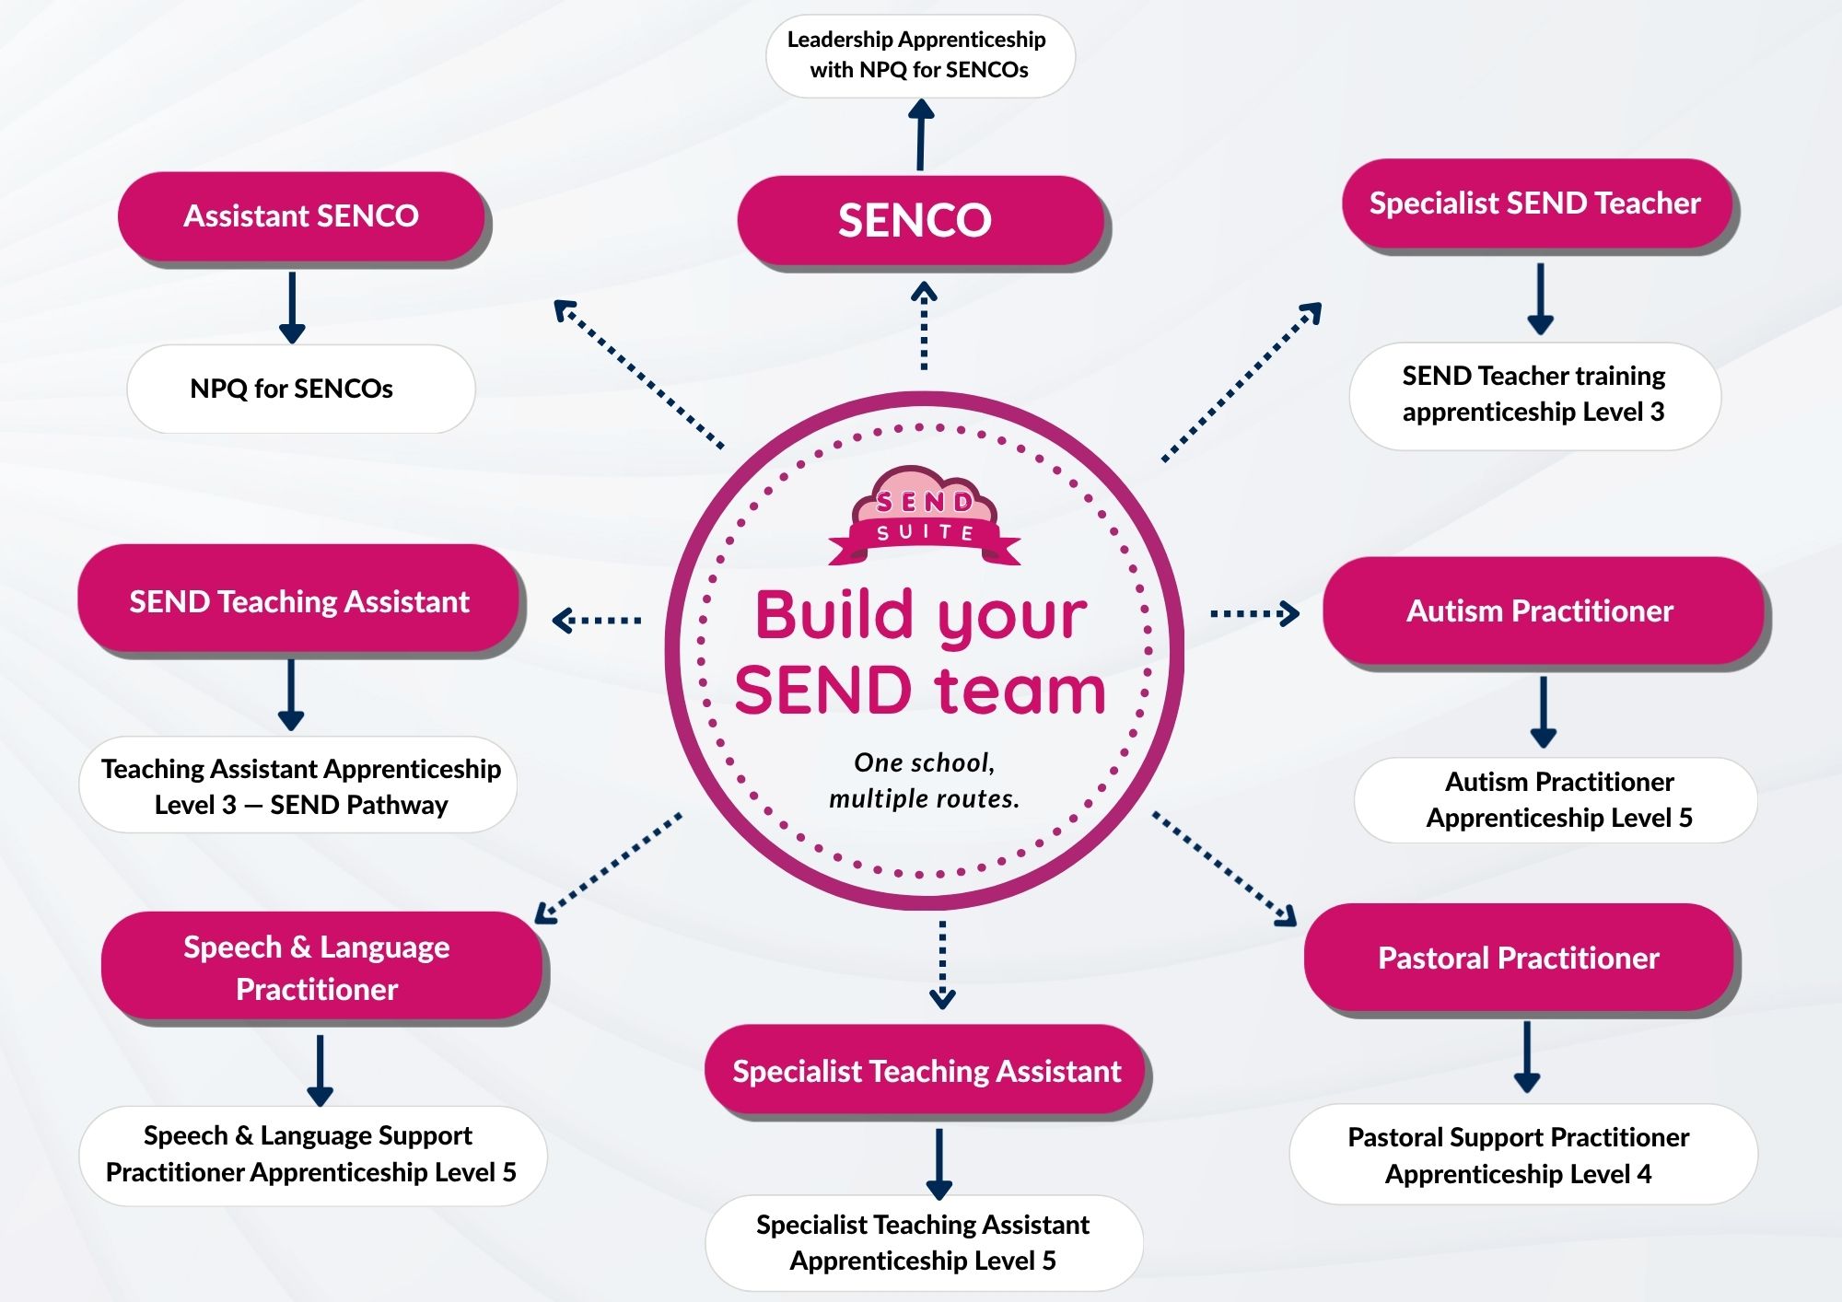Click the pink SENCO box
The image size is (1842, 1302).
click(x=921, y=221)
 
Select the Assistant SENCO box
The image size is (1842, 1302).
click(x=301, y=216)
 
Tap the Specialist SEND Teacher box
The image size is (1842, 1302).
click(x=1536, y=203)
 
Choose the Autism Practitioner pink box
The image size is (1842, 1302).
click(x=1543, y=610)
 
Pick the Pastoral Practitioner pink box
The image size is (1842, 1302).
click(x=1520, y=958)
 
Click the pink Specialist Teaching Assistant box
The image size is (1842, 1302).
click(x=926, y=1071)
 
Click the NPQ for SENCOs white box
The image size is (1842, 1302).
click(x=300, y=389)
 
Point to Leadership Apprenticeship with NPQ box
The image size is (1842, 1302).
click(x=920, y=55)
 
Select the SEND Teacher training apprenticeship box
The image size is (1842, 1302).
click(x=1534, y=396)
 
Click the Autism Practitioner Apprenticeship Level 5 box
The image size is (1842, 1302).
click(x=1556, y=799)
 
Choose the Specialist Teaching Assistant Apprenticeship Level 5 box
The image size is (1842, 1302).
click(x=924, y=1243)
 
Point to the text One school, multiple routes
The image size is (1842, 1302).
click(x=925, y=780)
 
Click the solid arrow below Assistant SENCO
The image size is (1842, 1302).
click(x=292, y=308)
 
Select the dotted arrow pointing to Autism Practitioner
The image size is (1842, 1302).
click(x=1255, y=613)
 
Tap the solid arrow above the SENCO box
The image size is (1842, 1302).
click(x=920, y=135)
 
